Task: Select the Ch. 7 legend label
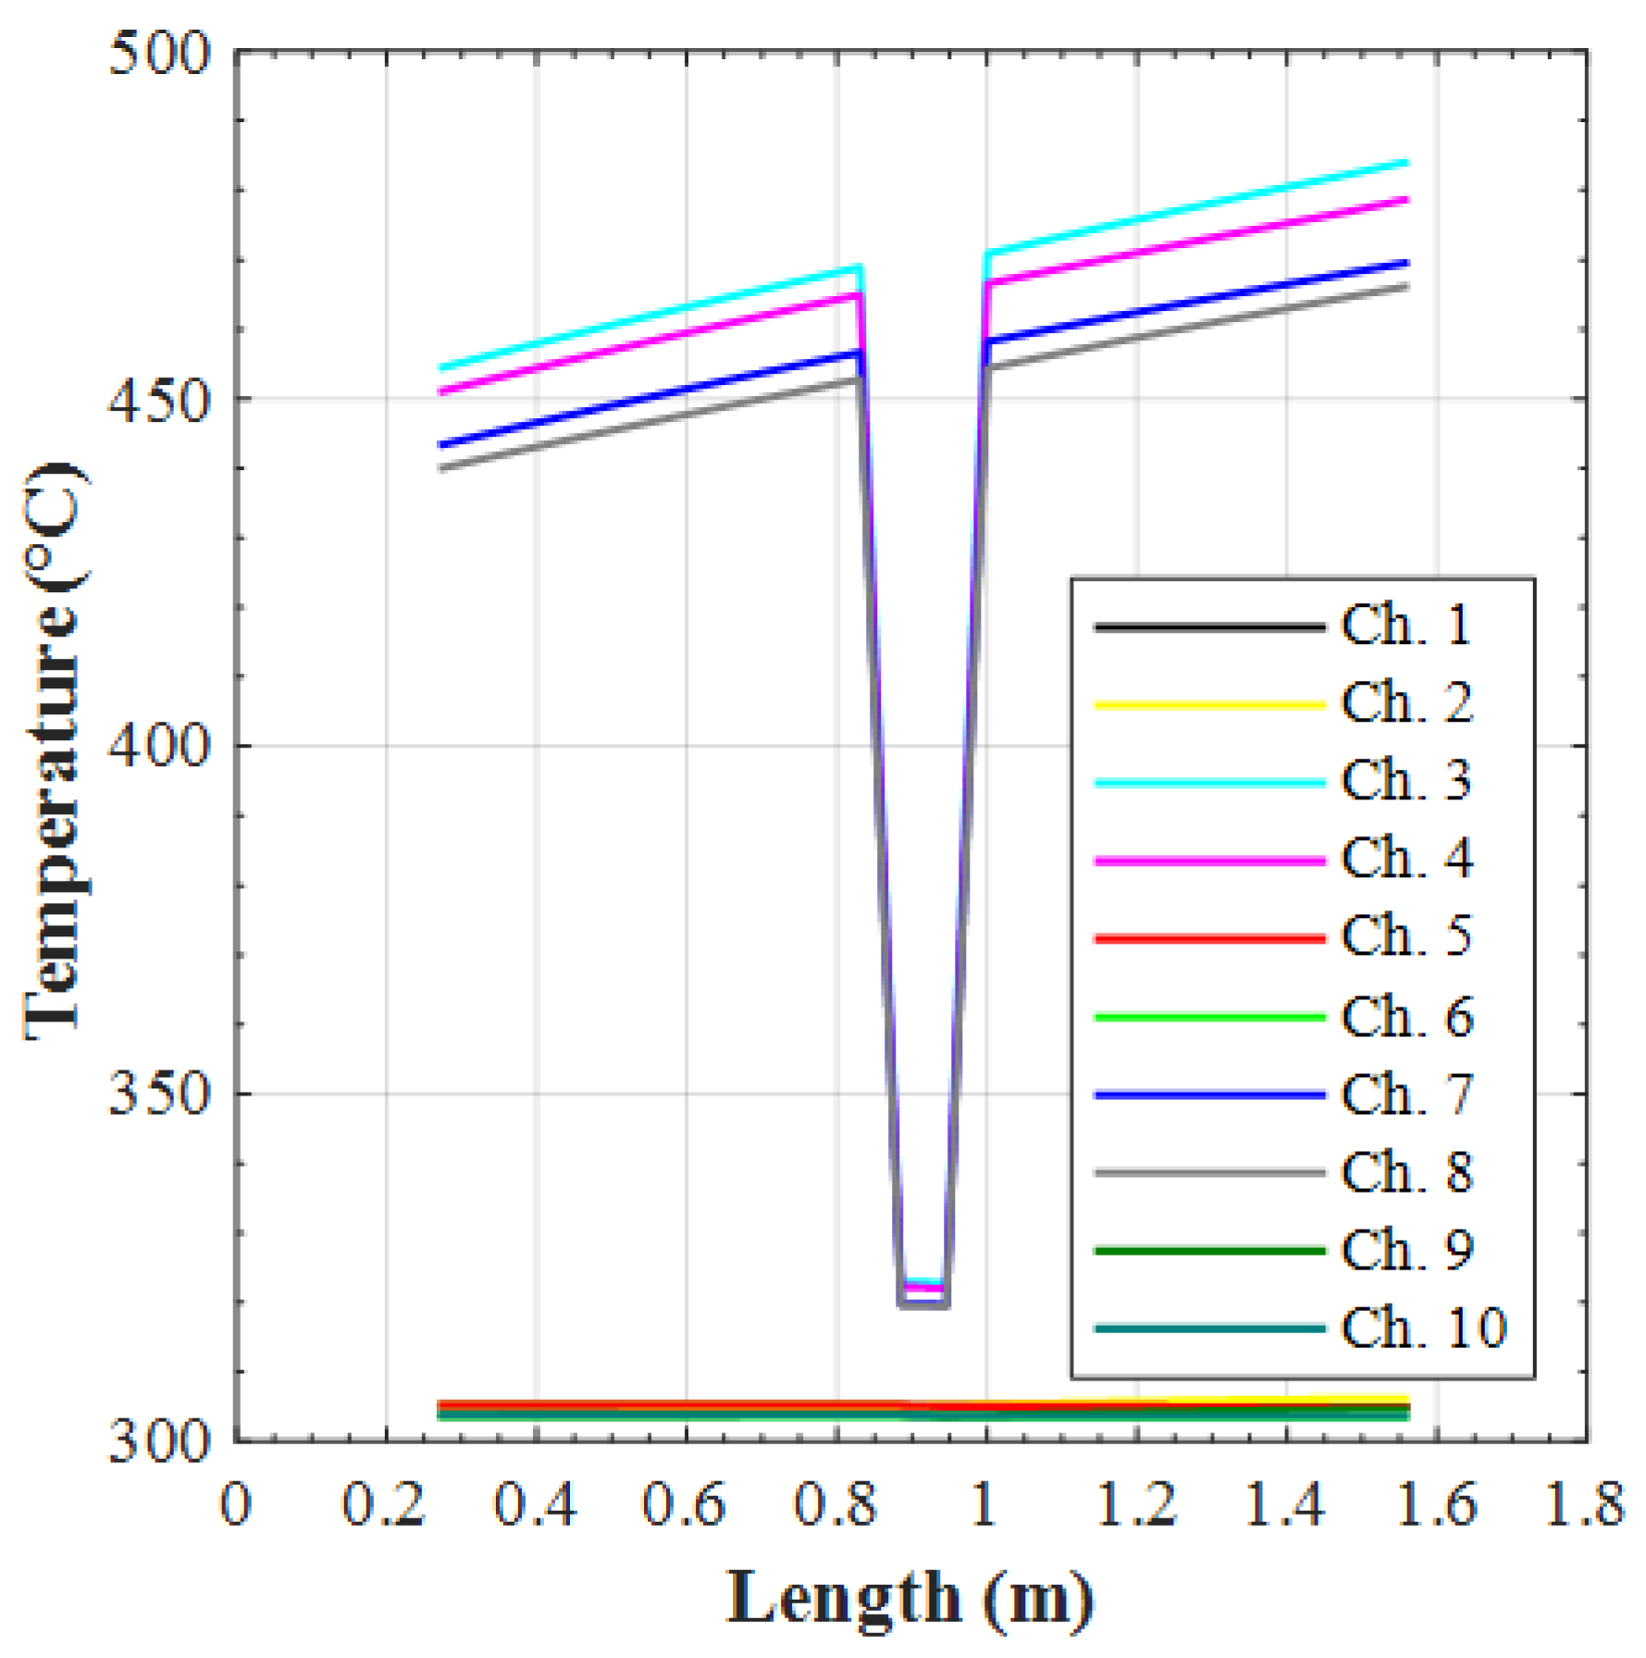[1405, 1095]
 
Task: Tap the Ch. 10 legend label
[1424, 1329]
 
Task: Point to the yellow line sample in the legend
[1210, 705]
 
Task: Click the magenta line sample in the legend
[1210, 860]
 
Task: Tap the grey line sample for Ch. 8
[1210, 1173]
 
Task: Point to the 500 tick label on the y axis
[160, 54]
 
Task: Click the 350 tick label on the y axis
[160, 1094]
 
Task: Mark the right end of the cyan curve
[1406, 163]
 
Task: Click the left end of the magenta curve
[440, 391]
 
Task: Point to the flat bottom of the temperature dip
[922, 1303]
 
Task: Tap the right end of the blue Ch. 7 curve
[1406, 264]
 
